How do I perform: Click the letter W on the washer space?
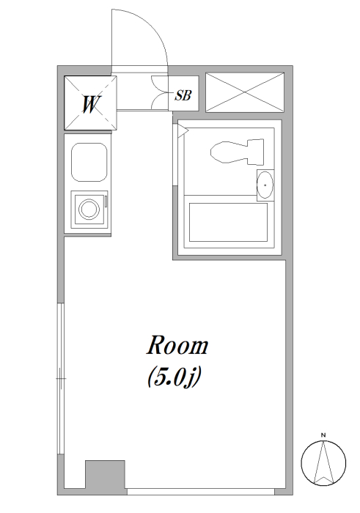90,104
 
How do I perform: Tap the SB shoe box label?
183,95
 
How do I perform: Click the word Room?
177,345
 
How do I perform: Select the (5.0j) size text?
174,377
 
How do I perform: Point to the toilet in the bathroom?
238,152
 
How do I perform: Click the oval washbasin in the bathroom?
265,185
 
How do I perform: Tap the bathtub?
228,223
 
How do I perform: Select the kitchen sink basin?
89,162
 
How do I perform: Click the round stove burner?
89,209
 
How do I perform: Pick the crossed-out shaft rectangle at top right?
245,92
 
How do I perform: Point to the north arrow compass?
323,463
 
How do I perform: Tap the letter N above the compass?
323,435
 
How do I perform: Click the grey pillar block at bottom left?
105,477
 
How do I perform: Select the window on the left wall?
61,379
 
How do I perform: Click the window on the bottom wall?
201,492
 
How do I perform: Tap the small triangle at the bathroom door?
183,131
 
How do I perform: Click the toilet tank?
256,152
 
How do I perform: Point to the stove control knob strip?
106,202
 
